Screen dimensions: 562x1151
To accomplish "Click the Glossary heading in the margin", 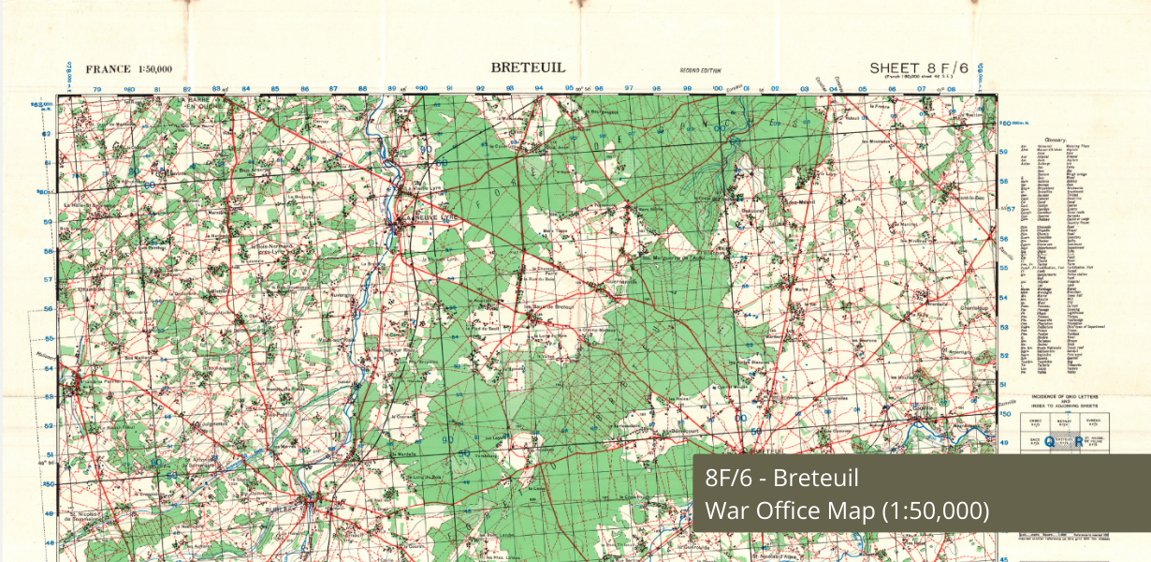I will click(x=1069, y=139).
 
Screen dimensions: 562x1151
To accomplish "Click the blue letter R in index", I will click(x=1079, y=442).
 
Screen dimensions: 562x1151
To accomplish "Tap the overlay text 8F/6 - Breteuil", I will click(x=781, y=479).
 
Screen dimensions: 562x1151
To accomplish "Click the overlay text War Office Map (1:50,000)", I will click(x=846, y=510).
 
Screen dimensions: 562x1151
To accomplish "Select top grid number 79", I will click(x=98, y=90).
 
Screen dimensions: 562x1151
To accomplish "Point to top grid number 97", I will click(x=629, y=89).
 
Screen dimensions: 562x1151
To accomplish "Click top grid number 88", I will click(x=362, y=89).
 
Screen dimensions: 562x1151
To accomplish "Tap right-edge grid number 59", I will click(x=1003, y=152).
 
